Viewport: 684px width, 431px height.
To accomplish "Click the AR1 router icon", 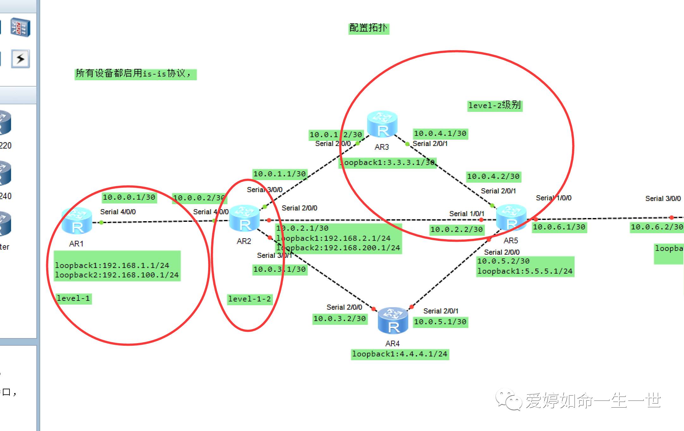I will [x=77, y=221].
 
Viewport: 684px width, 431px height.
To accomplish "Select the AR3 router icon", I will [x=382, y=124].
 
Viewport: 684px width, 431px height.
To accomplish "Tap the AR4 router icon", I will [x=393, y=320].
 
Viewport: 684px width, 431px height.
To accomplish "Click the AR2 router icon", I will [x=244, y=218].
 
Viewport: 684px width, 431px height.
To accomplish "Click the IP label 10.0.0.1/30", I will [x=129, y=197].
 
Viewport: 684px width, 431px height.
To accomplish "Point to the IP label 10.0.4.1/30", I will [x=440, y=134].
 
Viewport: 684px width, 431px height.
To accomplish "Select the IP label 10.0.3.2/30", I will [x=340, y=319].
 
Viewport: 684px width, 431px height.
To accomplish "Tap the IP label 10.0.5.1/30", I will [x=440, y=322].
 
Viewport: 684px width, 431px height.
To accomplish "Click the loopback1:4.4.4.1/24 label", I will [x=400, y=354].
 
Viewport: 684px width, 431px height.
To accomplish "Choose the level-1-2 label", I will [x=250, y=299].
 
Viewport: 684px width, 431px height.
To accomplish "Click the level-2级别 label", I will [x=494, y=105].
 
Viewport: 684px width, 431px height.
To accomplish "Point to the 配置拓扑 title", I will [x=368, y=28].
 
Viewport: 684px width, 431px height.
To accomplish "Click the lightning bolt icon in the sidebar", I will [x=21, y=59].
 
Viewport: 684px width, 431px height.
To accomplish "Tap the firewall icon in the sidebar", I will [x=21, y=27].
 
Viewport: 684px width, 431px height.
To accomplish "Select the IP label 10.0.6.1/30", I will [x=559, y=227].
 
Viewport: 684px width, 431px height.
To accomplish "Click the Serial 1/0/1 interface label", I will [x=466, y=214].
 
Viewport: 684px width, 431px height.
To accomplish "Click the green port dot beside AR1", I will [x=101, y=222].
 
